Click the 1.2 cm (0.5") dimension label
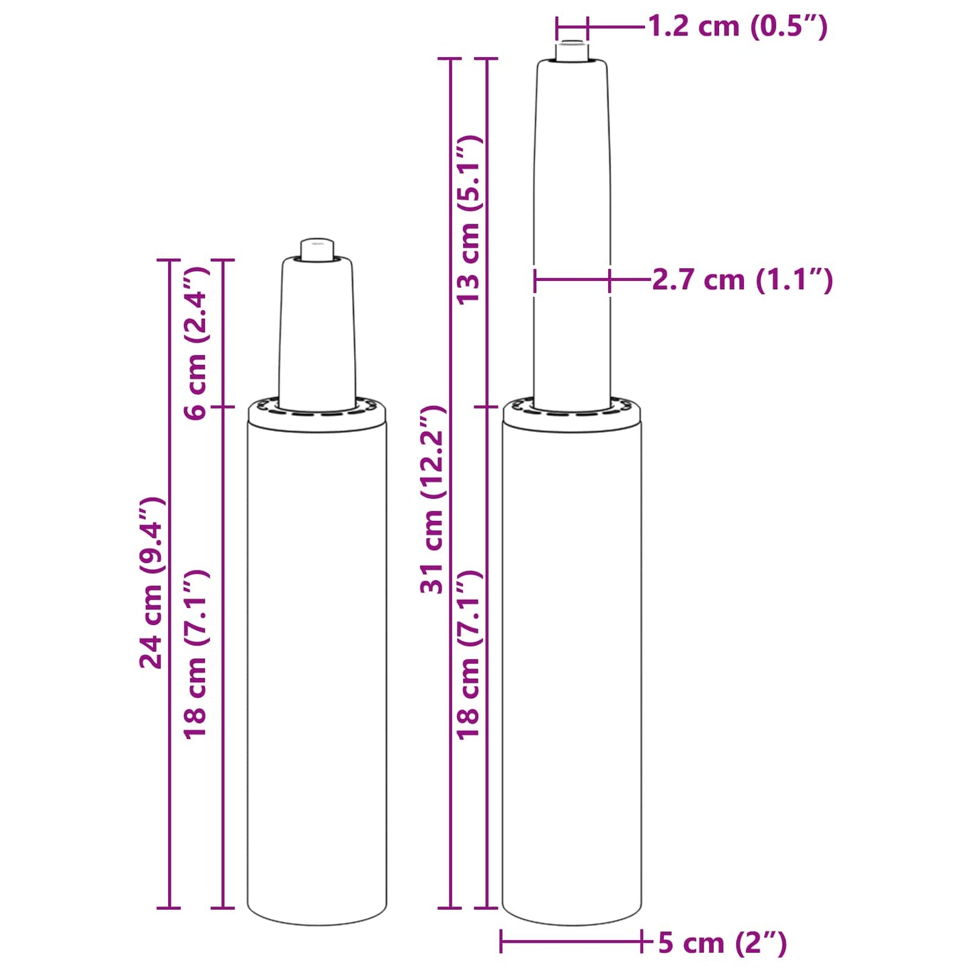pos(737,27)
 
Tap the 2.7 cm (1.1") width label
pos(742,280)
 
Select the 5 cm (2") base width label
pos(722,942)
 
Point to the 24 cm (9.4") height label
pos(152,583)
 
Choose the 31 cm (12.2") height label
pos(433,500)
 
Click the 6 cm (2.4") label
pos(196,343)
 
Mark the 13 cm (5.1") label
pos(470,220)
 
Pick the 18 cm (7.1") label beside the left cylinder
pos(196,655)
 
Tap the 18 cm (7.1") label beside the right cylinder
pos(470,655)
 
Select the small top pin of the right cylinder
pos(572,51)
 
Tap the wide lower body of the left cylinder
pos(317,672)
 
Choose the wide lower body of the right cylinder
pos(572,672)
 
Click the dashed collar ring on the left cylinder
pos(317,413)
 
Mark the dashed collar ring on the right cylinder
pos(572,411)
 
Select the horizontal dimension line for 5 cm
pos(572,941)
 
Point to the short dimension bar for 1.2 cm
pos(572,28)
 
